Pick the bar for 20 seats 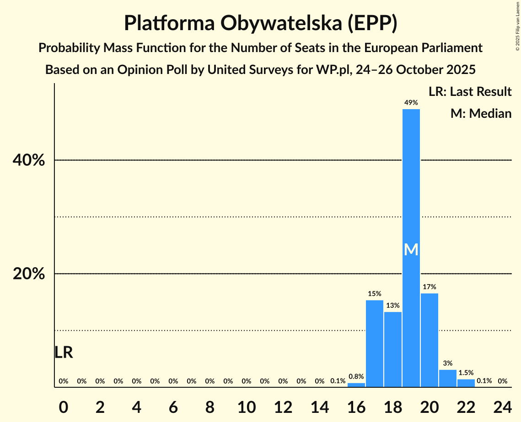[429, 340]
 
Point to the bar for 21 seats [447, 379]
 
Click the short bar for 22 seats [466, 383]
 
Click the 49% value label [411, 103]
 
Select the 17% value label [429, 287]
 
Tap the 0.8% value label [356, 377]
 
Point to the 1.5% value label [466, 373]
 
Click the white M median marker [411, 249]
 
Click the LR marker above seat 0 [64, 353]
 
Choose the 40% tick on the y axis [29, 160]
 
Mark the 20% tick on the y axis [29, 274]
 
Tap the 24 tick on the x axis [502, 405]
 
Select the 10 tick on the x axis [246, 405]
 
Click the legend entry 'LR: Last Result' [470, 92]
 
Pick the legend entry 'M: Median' [481, 113]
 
